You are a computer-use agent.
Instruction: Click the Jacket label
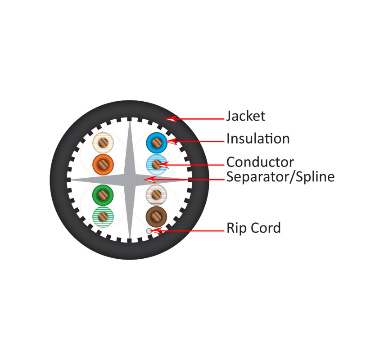coord(245,117)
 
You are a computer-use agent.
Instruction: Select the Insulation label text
coord(258,139)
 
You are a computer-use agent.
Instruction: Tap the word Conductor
coord(260,162)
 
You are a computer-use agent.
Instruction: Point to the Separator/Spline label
coord(280,177)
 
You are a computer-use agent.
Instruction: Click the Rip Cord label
coord(253,228)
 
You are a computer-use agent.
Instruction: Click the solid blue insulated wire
coord(157,143)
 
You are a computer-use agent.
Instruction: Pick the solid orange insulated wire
coord(103,164)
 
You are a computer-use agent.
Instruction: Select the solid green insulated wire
coord(103,195)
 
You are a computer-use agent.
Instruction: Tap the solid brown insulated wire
coord(157,216)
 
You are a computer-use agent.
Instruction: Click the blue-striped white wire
coord(157,164)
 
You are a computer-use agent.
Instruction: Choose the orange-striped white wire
coord(103,143)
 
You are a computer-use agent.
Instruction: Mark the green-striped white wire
coord(103,216)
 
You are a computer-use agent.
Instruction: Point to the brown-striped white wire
coord(157,195)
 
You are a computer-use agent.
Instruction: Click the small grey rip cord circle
coord(149,231)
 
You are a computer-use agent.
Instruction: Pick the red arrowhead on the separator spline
coord(151,180)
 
